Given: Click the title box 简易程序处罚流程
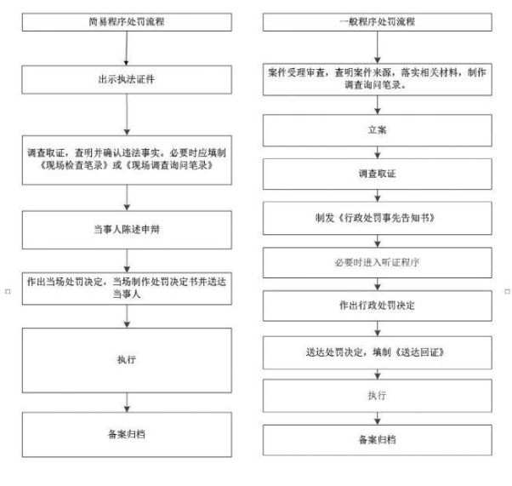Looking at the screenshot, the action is click(127, 22).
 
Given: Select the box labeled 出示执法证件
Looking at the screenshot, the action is click(127, 80).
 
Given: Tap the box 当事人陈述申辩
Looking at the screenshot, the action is click(127, 230).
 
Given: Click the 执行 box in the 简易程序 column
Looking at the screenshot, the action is click(127, 360).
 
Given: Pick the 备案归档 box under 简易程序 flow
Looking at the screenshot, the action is click(127, 434).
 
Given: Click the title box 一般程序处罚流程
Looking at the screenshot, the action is click(377, 22).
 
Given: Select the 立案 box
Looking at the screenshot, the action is click(377, 130).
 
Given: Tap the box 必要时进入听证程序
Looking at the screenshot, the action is click(377, 262).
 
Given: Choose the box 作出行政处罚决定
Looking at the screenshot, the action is click(377, 306).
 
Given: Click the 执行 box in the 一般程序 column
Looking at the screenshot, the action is click(377, 396).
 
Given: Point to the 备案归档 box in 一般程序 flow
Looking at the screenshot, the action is click(377, 440).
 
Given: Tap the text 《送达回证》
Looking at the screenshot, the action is click(420, 352).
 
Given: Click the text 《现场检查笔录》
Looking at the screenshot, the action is click(74, 165).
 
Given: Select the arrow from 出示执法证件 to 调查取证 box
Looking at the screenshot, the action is click(127, 114).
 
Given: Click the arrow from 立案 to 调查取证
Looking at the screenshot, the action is click(378, 152).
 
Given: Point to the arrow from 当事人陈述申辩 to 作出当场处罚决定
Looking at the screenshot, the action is click(127, 260).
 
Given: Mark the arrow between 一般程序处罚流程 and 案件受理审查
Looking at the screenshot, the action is click(378, 48).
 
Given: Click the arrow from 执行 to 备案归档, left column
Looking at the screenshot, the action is click(127, 403).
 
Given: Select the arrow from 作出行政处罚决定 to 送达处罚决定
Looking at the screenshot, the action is click(378, 329).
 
